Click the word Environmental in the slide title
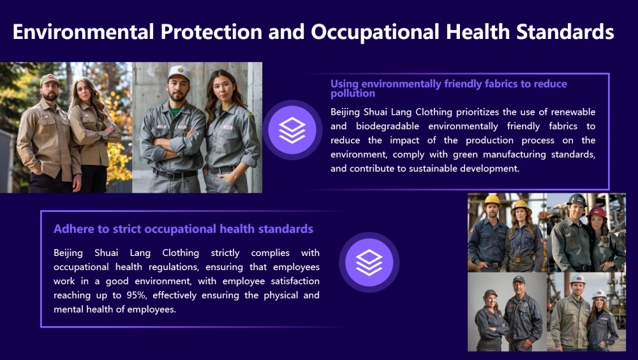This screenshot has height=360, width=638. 84,32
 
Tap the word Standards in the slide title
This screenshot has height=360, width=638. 565,32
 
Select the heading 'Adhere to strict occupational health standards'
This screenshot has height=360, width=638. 184,229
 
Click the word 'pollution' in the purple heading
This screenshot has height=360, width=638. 353,94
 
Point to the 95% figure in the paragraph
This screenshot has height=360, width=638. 137,295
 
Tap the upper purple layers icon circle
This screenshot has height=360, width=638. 292,130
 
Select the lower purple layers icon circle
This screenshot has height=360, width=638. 369,262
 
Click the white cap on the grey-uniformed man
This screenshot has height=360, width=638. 179,73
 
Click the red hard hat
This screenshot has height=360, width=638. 597,212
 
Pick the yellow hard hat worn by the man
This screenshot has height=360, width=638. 493,200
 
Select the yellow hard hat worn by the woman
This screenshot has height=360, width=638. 521,206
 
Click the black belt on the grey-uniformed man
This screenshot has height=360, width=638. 176,175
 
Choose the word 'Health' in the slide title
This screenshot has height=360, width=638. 477,32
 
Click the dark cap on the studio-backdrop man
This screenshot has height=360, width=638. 519,280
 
